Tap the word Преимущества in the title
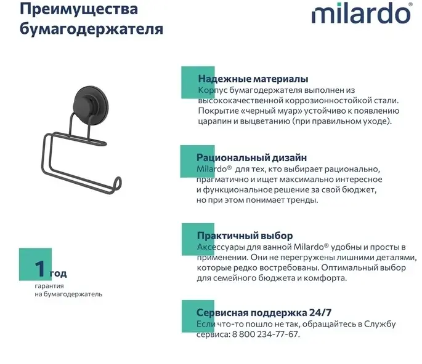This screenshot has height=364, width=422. tap(79, 9)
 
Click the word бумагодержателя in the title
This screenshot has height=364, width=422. tap(92, 29)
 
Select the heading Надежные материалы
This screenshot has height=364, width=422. tap(253, 79)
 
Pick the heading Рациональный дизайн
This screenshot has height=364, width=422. tap(251, 157)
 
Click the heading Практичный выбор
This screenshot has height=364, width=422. tap(245, 235)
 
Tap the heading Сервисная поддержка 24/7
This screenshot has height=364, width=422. tap(264, 312)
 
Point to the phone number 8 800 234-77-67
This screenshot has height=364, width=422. tap(265, 334)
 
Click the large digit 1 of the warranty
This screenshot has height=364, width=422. tap(40, 268)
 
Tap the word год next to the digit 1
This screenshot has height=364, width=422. tap(58, 273)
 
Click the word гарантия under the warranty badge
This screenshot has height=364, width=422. tap(49, 286)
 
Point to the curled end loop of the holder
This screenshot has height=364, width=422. tap(116, 184)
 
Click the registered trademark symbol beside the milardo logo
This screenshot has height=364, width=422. tap(410, 4)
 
